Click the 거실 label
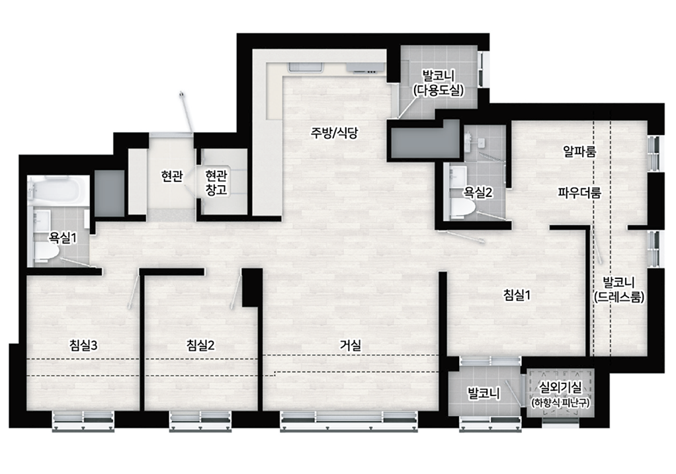pyautogui.click(x=350, y=344)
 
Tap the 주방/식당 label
pyautogui.click(x=334, y=133)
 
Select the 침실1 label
pyautogui.click(x=517, y=295)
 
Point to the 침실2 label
pyautogui.click(x=200, y=345)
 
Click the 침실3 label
pyautogui.click(x=83, y=345)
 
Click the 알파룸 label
pyautogui.click(x=579, y=151)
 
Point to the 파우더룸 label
pyautogui.click(x=579, y=192)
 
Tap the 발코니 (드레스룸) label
pyautogui.click(x=618, y=290)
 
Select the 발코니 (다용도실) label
pyautogui.click(x=439, y=83)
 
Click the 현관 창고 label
pyautogui.click(x=216, y=182)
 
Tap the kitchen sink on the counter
pyautogui.click(x=306, y=67)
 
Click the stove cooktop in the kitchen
pyautogui.click(x=366, y=67)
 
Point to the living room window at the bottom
pyautogui.click(x=349, y=420)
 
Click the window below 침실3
pyautogui.click(x=83, y=420)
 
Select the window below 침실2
pyautogui.click(x=200, y=420)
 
